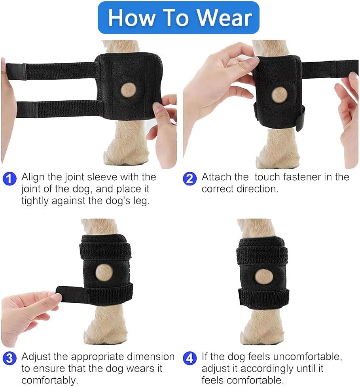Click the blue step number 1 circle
9,178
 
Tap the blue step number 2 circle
190,178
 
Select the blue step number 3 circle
9,358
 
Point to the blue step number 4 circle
190,358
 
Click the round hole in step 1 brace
128,90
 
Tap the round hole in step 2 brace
279,94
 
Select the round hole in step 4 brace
263,276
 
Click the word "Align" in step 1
33,177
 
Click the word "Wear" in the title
224,18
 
